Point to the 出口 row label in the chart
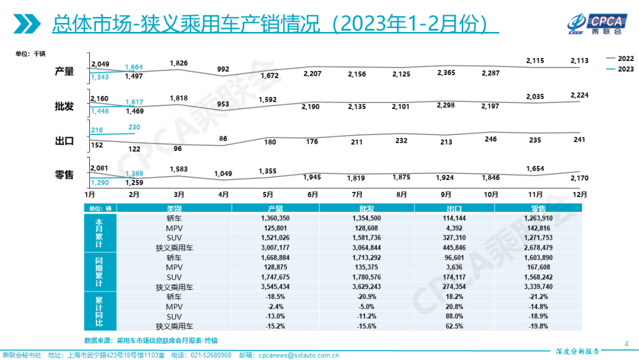pyautogui.click(x=64, y=141)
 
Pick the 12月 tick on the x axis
pyautogui.click(x=580, y=194)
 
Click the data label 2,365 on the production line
pyautogui.click(x=446, y=73)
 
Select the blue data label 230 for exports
pyautogui.click(x=133, y=127)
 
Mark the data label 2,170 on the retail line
pyautogui.click(x=580, y=178)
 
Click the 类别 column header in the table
pyautogui.click(x=174, y=208)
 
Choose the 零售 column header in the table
pyautogui.click(x=539, y=208)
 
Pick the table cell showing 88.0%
pyautogui.click(x=454, y=316)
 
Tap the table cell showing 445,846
pyautogui.click(x=454, y=247)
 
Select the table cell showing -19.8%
pyautogui.click(x=539, y=326)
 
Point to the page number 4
pyautogui.click(x=627, y=343)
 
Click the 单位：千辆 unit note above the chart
pyautogui.click(x=31, y=54)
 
